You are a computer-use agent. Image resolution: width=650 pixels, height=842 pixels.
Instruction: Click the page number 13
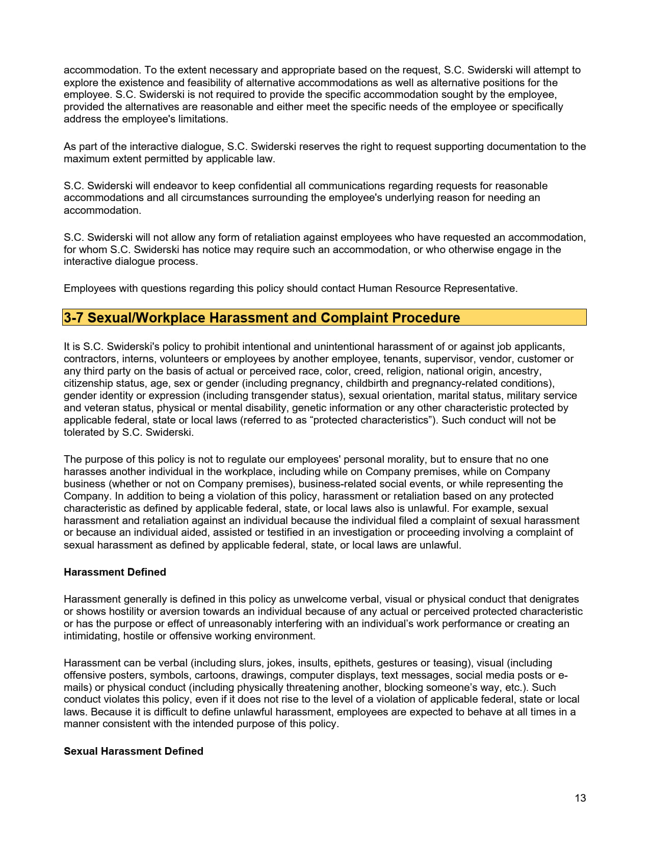click(x=580, y=798)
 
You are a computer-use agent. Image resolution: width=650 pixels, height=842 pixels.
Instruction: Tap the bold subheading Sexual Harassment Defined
click(x=134, y=751)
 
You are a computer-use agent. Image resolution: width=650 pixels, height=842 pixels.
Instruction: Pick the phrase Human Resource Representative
click(x=437, y=288)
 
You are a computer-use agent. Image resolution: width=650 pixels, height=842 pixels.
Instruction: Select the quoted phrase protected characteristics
click(x=371, y=420)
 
